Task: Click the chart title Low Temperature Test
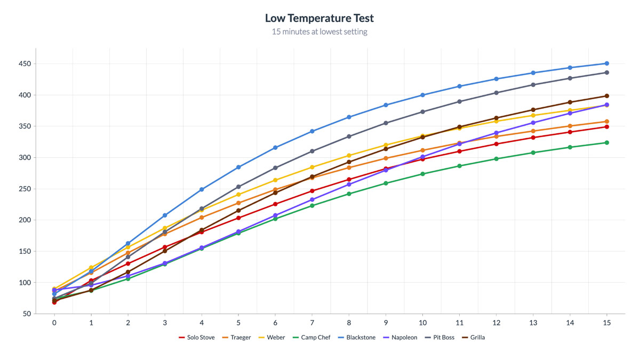tap(319, 18)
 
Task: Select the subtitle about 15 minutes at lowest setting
tap(319, 32)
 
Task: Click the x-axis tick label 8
tap(349, 323)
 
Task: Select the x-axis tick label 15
tap(606, 323)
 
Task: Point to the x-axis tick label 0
tap(54, 323)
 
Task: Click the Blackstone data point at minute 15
tap(606, 63)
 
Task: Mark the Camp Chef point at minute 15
tap(606, 142)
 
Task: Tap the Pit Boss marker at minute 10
tap(422, 112)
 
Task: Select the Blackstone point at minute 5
tap(238, 167)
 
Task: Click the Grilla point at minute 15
tap(606, 96)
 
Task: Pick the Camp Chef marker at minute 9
tap(386, 183)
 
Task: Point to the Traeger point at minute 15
tap(606, 122)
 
